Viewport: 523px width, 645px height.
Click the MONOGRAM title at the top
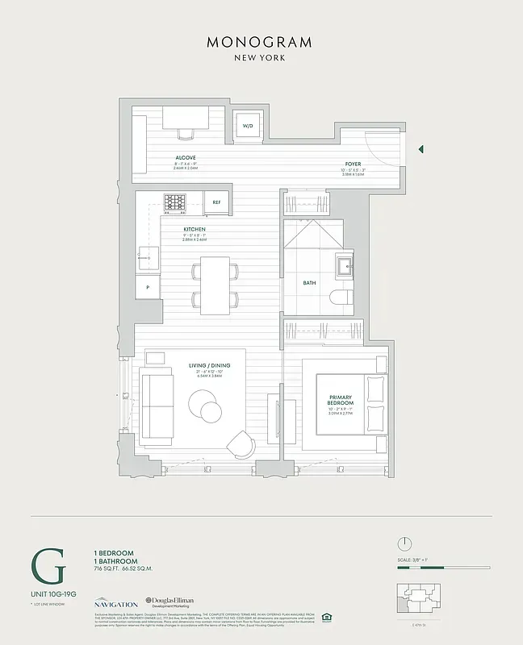[x=260, y=42]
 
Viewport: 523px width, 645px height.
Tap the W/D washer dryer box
[x=248, y=125]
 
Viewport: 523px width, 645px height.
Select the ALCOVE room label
[x=186, y=157]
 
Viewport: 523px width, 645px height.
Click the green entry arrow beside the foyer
[x=420, y=149]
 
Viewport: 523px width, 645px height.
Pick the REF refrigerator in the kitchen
[x=216, y=202]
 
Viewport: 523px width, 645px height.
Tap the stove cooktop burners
[x=175, y=202]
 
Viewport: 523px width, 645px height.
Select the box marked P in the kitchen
[x=148, y=286]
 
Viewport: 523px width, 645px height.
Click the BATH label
[x=309, y=283]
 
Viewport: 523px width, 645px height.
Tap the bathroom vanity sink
[x=344, y=264]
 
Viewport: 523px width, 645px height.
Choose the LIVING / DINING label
[x=209, y=366]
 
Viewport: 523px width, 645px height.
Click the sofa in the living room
[x=157, y=406]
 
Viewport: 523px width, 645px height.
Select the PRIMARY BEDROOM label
[x=341, y=401]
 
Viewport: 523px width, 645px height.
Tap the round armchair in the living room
[x=241, y=444]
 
